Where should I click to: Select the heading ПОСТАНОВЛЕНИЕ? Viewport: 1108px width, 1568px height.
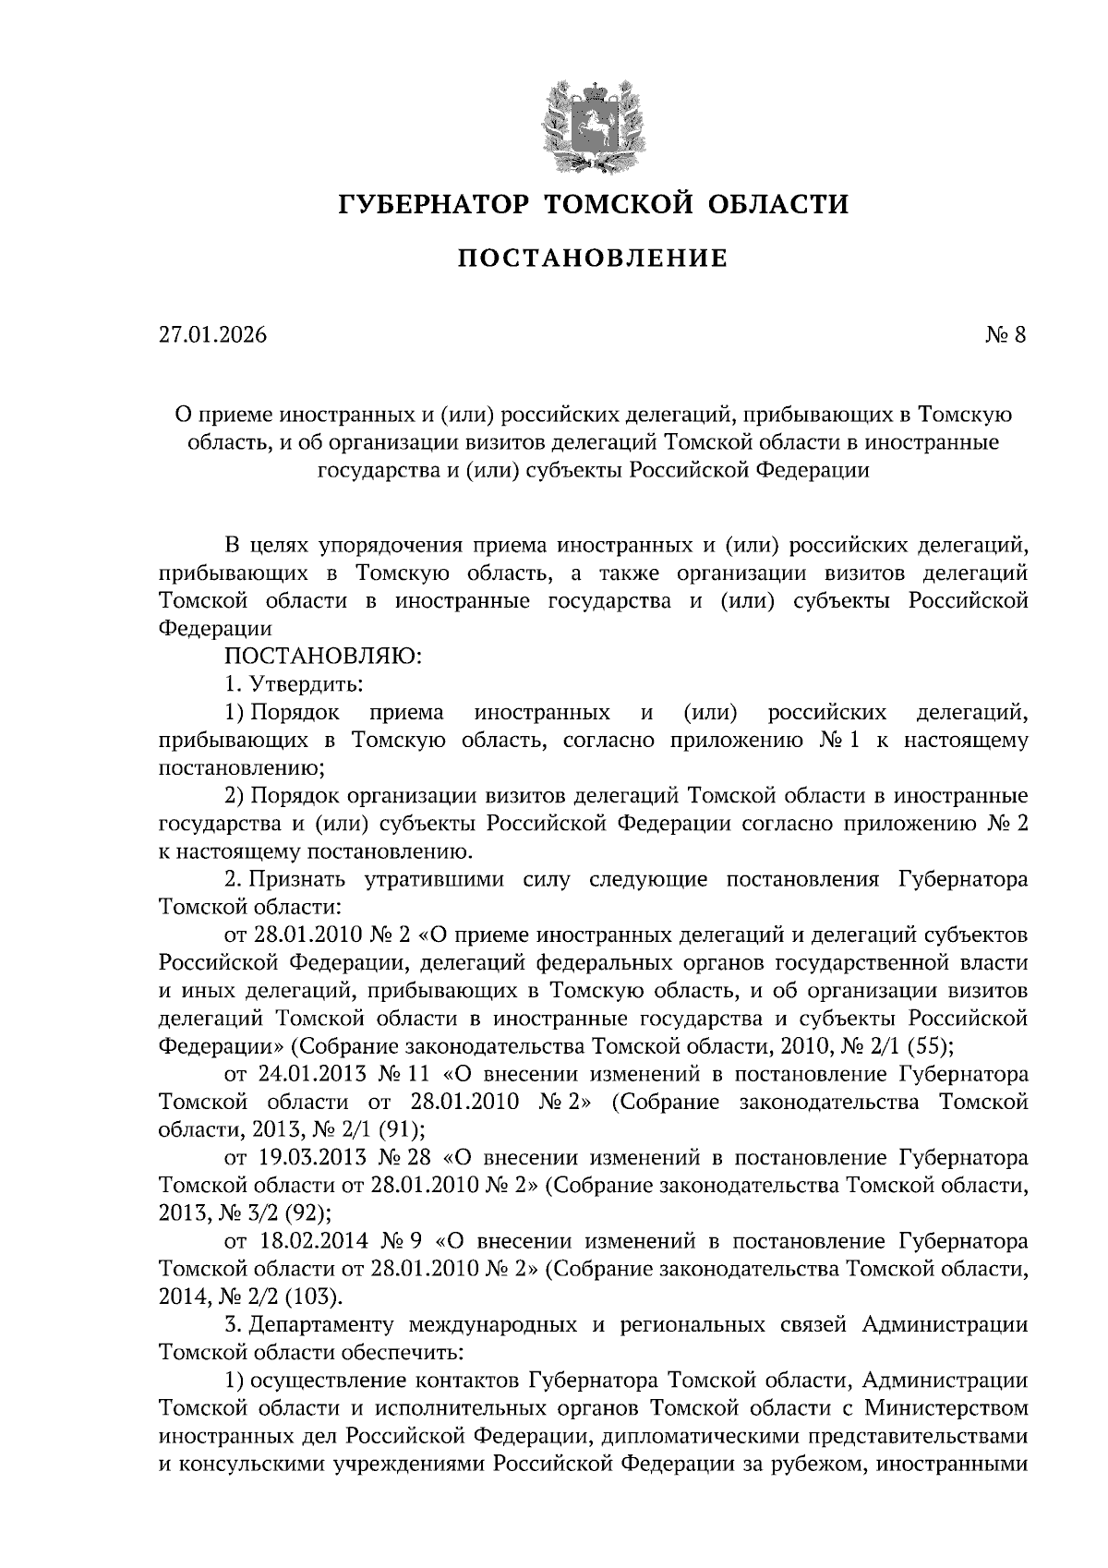tap(592, 259)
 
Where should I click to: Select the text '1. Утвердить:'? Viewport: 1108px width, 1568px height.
tap(294, 684)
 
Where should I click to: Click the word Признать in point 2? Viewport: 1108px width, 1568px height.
tap(307, 879)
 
